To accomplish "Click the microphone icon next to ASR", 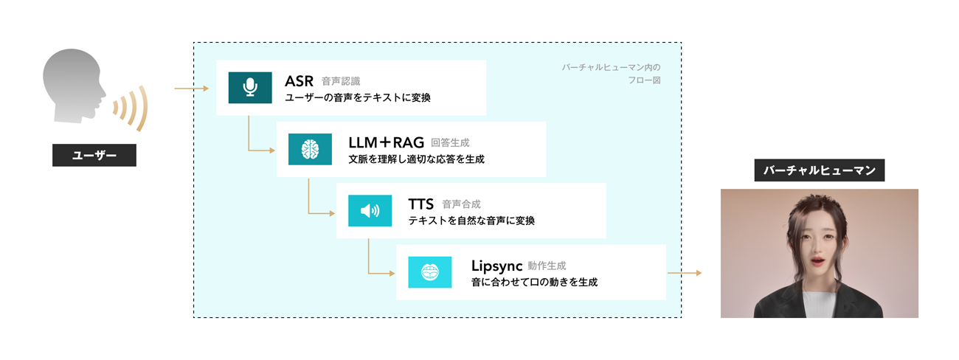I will point(250,88).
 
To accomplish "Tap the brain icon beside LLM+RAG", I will point(310,149).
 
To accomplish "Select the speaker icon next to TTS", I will point(370,211).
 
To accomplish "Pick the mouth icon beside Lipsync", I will point(429,272).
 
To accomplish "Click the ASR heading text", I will point(299,80).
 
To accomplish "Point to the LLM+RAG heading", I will point(385,142).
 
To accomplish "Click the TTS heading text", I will point(421,204).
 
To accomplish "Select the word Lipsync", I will point(496,265).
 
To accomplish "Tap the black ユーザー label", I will point(94,156).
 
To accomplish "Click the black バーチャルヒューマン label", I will point(819,171).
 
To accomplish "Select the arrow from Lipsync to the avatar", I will point(684,273).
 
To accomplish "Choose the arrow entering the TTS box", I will point(321,212).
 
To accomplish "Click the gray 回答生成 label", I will point(449,142).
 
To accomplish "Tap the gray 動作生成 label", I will point(547,266).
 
